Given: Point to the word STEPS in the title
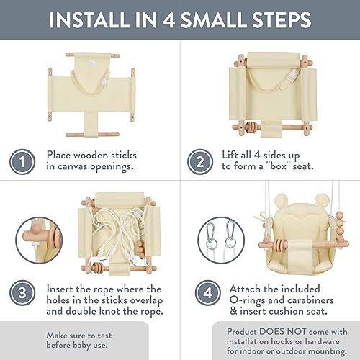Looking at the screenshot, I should (282, 19).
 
